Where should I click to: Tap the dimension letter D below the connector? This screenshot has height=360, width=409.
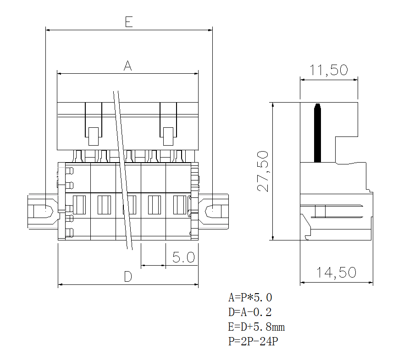pyautogui.click(x=128, y=276)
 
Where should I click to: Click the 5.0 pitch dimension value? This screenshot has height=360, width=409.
pyautogui.click(x=183, y=257)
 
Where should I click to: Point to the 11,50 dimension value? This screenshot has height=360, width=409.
pyautogui.click(x=328, y=70)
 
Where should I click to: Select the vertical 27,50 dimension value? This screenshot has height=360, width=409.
pyautogui.click(x=263, y=171)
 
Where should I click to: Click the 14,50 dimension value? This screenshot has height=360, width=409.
pyautogui.click(x=336, y=273)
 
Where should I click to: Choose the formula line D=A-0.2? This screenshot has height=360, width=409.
pyautogui.click(x=250, y=312)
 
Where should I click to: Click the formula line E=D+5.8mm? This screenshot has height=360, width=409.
pyautogui.click(x=257, y=327)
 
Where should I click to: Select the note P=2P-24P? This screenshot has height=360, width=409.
pyautogui.click(x=253, y=342)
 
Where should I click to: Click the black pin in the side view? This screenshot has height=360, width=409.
pyautogui.click(x=317, y=133)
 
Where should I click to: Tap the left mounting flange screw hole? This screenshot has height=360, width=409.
pyautogui.click(x=44, y=212)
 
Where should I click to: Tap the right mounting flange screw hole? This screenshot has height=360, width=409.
pyautogui.click(x=213, y=212)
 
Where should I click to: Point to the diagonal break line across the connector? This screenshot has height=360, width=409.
pyautogui.click(x=123, y=169)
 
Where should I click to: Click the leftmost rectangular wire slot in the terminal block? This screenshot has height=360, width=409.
pyautogui.click(x=79, y=205)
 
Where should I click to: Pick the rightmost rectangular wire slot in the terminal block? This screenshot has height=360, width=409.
pyautogui.click(x=179, y=205)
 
